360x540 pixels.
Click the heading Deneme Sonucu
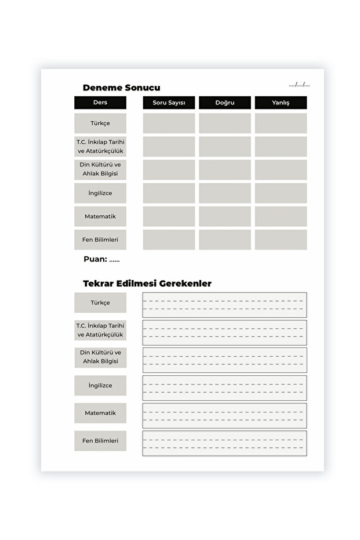pos(121,88)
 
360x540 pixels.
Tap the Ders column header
pos(100,103)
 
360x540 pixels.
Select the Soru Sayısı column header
pos(169,103)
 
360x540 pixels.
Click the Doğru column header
pos(224,103)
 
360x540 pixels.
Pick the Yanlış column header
pos(281,103)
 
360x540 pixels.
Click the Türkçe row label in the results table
pos(100,123)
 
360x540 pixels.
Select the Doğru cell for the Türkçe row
pos(224,123)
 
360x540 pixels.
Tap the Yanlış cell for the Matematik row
pos(281,216)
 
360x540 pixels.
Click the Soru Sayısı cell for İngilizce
pos(169,193)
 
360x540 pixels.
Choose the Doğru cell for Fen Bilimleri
pos(224,240)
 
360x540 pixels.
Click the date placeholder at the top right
pos(299,85)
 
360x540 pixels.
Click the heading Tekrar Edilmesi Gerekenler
pos(147,284)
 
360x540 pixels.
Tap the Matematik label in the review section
pos(100,413)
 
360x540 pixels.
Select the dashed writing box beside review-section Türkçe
pos(224,305)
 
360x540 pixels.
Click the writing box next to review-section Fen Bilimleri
pos(224,443)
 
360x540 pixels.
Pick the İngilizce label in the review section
pos(100,385)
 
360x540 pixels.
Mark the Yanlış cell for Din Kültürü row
pos(281,169)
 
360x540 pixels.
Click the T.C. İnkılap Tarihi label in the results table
pos(100,146)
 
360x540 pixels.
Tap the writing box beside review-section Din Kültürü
pos(224,360)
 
